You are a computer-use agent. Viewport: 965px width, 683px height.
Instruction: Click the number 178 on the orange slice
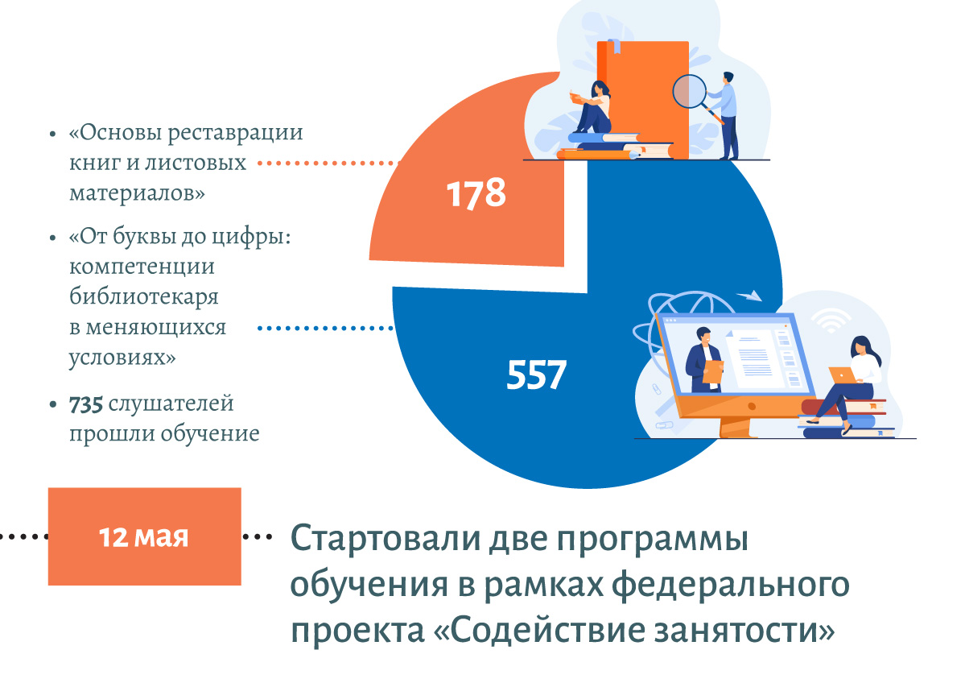(476, 193)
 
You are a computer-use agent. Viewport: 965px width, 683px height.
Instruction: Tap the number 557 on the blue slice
(536, 375)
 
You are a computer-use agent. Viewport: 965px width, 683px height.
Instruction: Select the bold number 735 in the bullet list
(85, 404)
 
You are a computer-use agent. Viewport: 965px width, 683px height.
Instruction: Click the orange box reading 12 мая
(145, 536)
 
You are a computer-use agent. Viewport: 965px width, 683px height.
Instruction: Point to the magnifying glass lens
(689, 91)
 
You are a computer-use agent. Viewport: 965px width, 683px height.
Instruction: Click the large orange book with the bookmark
(643, 98)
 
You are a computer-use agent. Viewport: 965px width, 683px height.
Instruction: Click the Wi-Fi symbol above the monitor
(831, 321)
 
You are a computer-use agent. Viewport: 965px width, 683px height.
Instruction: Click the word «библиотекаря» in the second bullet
(144, 297)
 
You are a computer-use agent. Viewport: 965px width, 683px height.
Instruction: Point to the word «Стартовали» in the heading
(386, 539)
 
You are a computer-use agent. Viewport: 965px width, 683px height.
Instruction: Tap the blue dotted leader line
(326, 329)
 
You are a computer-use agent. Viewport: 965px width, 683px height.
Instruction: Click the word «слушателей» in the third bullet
(171, 404)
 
